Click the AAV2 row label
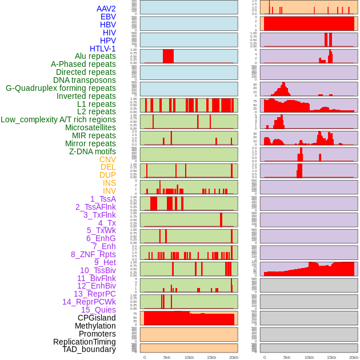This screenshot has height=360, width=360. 106,9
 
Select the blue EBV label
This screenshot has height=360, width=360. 108,17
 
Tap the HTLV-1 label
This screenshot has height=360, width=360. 103,49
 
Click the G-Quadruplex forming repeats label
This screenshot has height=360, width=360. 61,88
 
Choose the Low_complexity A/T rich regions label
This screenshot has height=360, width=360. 58,119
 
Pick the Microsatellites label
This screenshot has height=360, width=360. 90,127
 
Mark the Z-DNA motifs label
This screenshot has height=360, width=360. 92,151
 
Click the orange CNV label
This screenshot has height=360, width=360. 107,159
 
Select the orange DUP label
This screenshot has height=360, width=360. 107,175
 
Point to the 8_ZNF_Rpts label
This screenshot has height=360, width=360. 93,254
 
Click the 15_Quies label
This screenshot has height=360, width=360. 98,310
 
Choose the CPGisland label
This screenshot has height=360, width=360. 97,318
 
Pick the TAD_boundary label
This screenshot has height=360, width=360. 89,349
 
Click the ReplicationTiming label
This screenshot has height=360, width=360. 84,342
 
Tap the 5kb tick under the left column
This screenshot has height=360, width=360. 167,357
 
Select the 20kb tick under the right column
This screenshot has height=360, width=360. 354,357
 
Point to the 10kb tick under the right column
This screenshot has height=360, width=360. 309,357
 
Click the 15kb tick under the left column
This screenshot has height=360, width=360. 211,357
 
